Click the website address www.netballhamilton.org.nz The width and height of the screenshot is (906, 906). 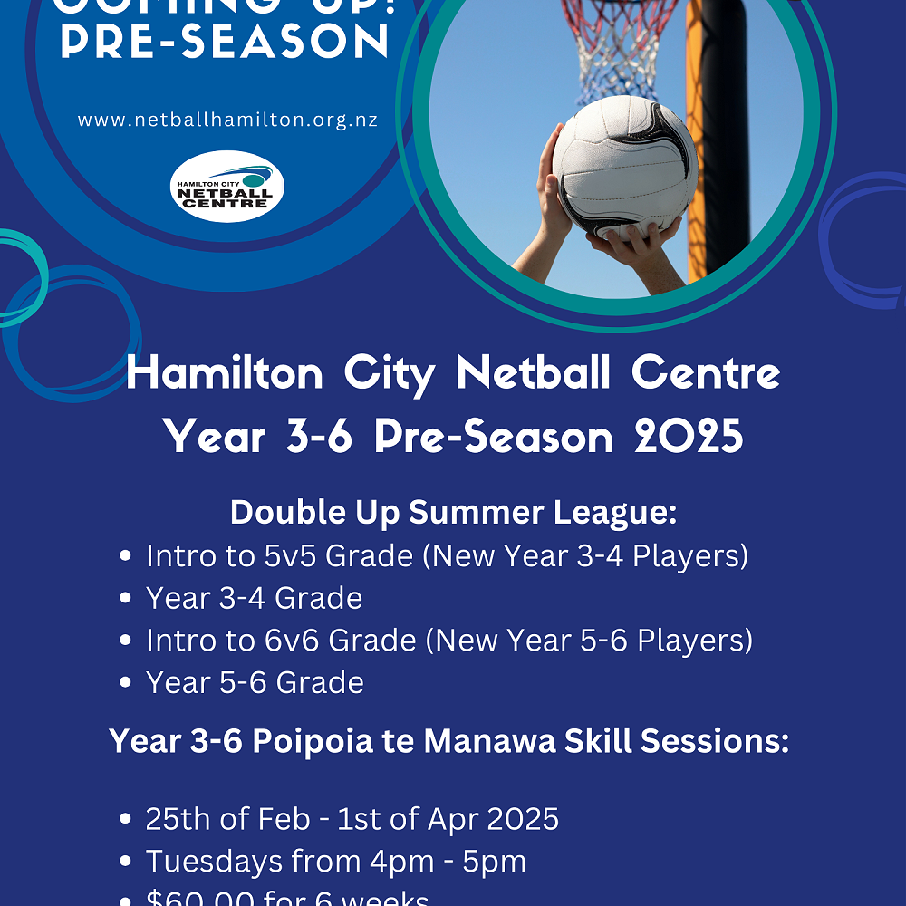click(227, 120)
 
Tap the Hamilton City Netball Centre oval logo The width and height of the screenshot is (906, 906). click(227, 186)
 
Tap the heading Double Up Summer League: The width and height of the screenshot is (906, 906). click(453, 512)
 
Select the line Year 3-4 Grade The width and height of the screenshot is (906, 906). click(254, 598)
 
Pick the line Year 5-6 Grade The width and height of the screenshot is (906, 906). click(255, 682)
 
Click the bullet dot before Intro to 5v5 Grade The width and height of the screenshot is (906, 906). click(126, 556)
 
